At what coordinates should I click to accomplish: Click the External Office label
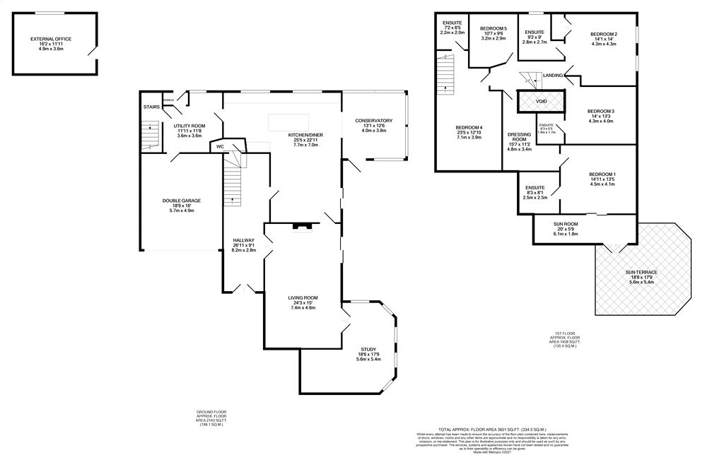coord(51,39)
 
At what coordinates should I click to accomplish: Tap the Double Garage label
coord(181,201)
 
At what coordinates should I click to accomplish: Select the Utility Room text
coord(189,126)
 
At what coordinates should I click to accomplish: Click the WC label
coord(220,147)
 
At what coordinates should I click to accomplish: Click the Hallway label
coord(243,240)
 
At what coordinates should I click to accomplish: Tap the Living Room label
coord(301,298)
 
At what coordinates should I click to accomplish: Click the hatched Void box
coord(542,102)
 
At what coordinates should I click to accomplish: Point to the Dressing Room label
coord(520,136)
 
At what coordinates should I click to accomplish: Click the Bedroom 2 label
coord(604,35)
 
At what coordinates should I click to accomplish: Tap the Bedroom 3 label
coord(601,111)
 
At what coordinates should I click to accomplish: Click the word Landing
coord(553,75)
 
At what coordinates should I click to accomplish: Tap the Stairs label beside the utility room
coord(151,107)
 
